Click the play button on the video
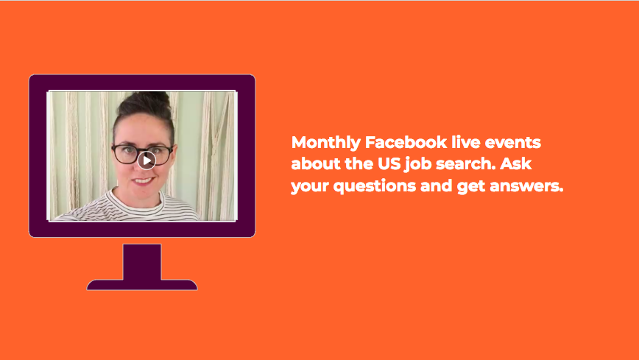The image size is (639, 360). click(146, 160)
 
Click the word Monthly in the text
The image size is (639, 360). click(326, 143)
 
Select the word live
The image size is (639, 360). click(466, 142)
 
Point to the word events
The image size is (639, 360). click(512, 143)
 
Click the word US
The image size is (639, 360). click(389, 163)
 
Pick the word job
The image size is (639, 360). click(418, 165)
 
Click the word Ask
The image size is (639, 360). click(515, 163)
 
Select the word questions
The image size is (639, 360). click(375, 186)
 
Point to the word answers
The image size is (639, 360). click(526, 186)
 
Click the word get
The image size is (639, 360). click(471, 187)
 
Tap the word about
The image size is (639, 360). click(316, 163)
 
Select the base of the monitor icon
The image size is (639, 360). click(142, 285)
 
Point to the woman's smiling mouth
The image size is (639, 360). click(144, 180)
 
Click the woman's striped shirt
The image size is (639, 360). click(131, 207)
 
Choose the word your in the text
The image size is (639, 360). click(311, 187)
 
